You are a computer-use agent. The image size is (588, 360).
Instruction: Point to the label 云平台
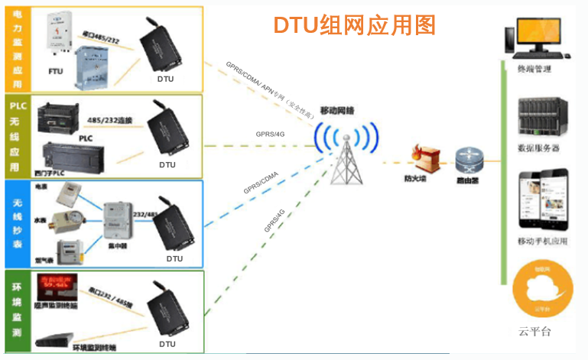[534, 332]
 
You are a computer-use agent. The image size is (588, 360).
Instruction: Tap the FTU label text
[56, 71]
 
